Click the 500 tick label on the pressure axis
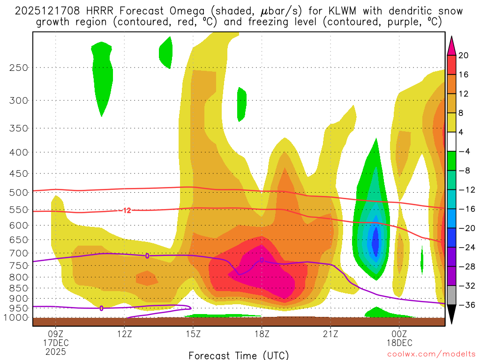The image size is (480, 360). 19,192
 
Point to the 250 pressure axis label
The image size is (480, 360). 19,67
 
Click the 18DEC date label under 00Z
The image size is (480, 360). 399,343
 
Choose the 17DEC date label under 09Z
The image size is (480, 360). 56,343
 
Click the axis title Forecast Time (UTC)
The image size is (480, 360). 239,355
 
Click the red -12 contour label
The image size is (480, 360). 126,210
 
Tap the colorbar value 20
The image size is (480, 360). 464,55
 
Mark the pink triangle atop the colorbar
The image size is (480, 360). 452,45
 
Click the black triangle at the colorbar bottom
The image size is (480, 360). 452,314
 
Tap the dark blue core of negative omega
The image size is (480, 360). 375,241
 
